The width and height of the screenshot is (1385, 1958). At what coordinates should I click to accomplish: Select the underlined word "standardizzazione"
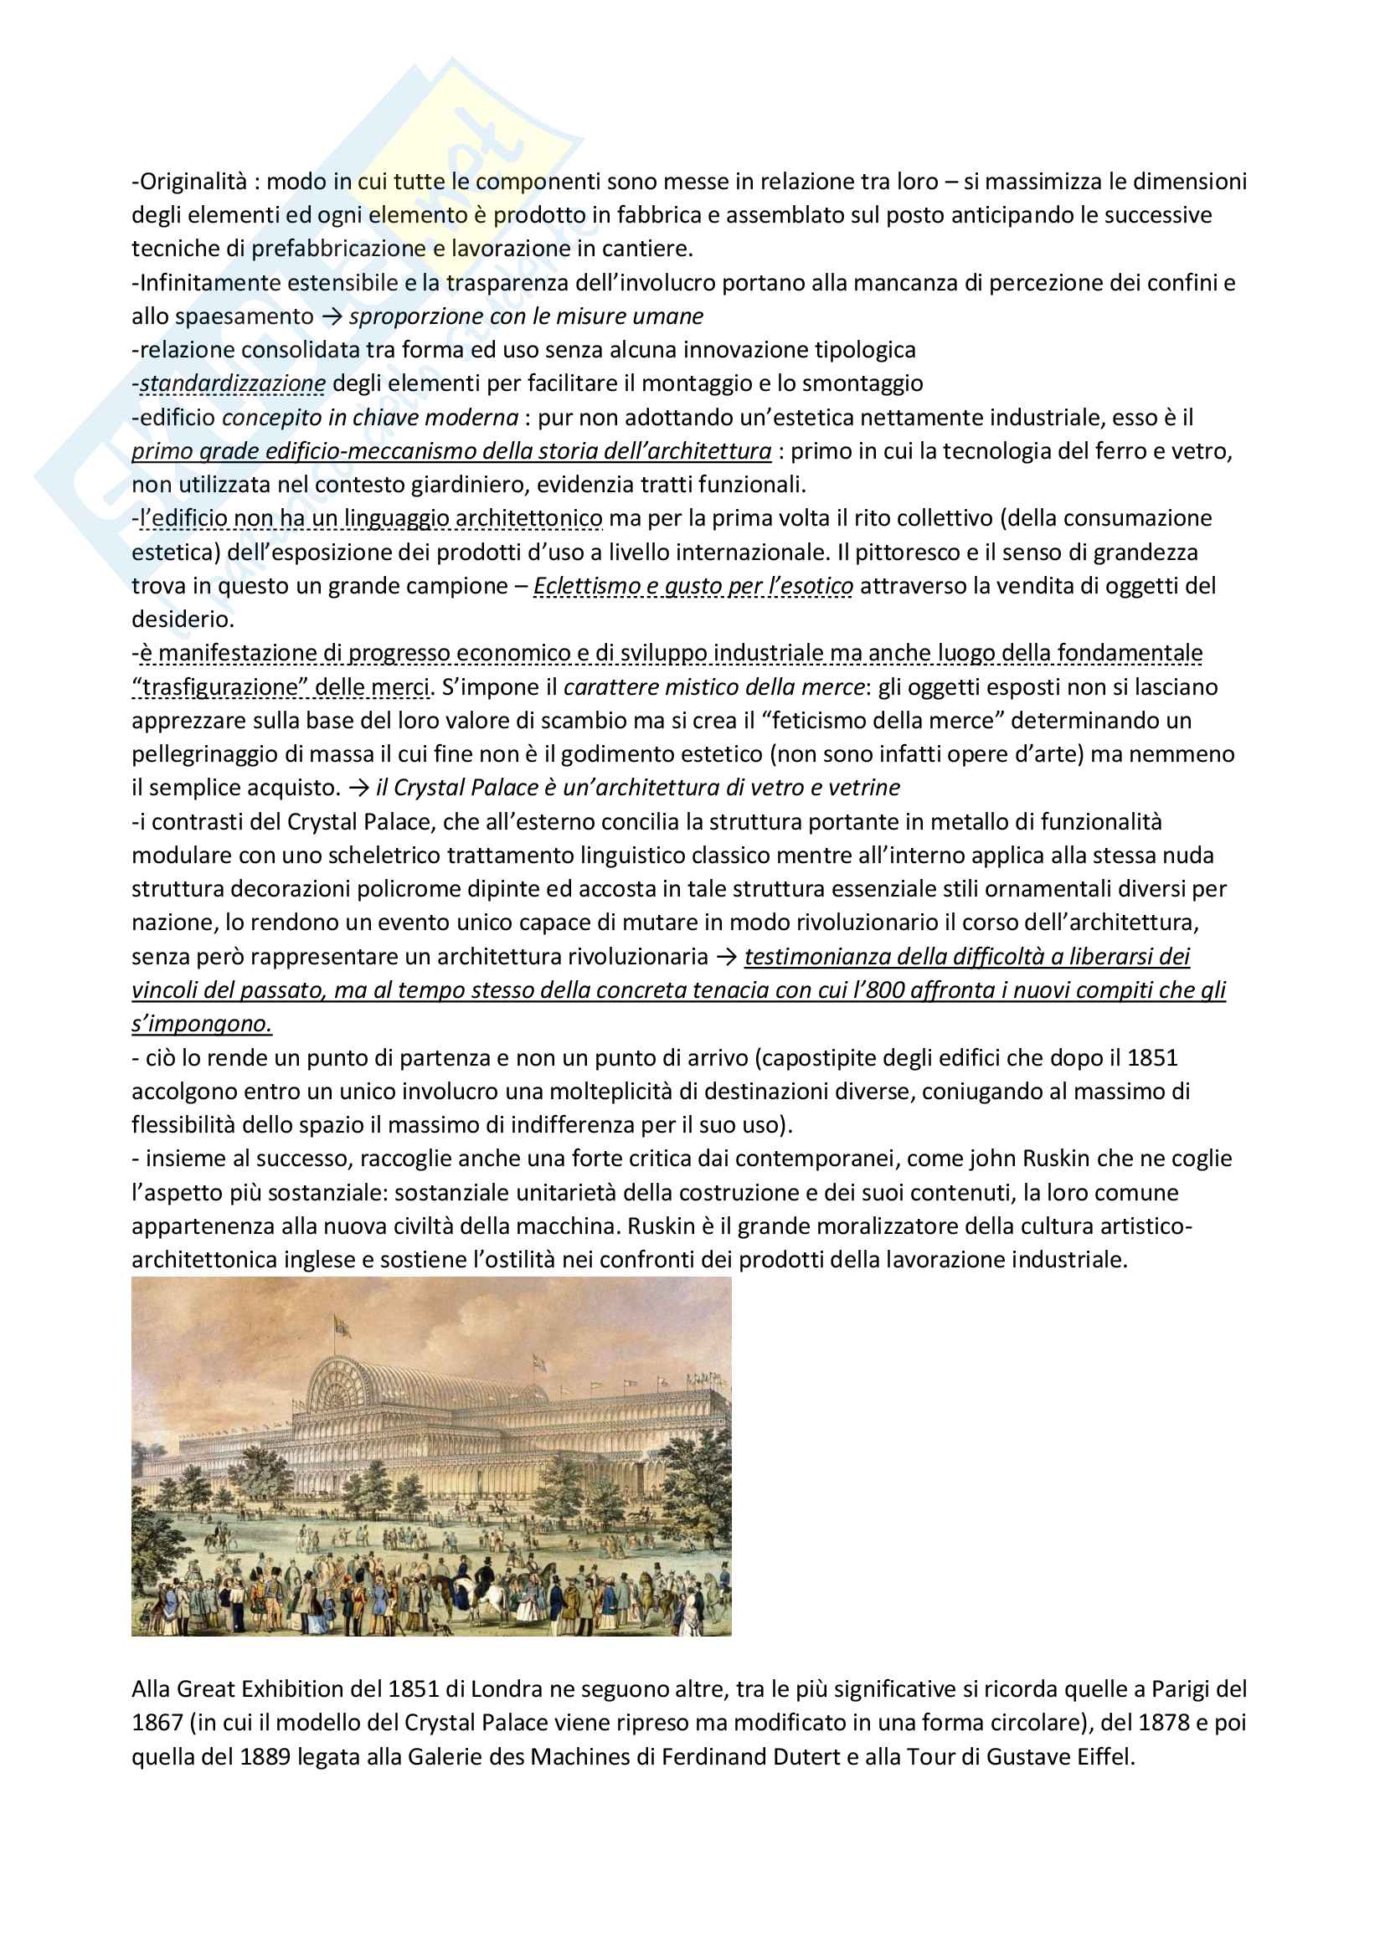[232, 383]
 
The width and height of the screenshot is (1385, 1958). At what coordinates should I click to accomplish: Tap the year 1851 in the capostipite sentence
[1152, 1058]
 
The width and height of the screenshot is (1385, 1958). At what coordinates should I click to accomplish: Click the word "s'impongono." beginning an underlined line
[201, 1024]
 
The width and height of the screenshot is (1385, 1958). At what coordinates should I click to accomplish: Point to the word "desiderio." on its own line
[183, 619]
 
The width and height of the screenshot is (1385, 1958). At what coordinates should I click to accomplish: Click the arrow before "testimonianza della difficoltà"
[727, 957]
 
